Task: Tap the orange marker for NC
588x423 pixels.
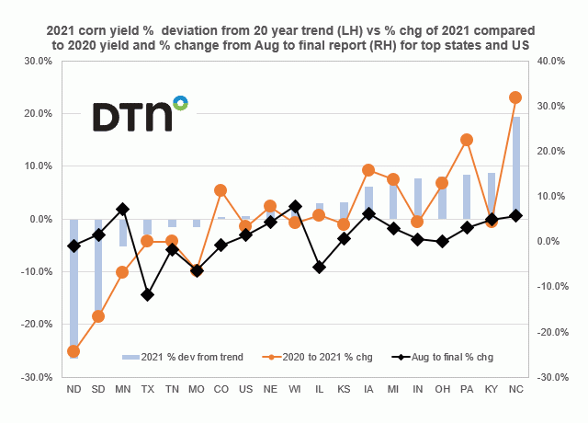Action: (x=515, y=97)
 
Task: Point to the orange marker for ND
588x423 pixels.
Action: (x=73, y=351)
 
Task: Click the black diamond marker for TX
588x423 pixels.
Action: (x=147, y=295)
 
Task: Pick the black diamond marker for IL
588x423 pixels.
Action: (x=319, y=267)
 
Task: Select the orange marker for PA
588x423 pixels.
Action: (x=467, y=140)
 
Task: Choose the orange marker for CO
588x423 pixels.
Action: (x=220, y=190)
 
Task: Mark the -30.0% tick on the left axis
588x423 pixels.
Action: (x=40, y=377)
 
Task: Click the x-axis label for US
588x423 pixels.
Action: (x=245, y=389)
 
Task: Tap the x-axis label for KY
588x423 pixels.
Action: (x=491, y=389)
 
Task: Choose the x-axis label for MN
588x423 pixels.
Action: (x=122, y=389)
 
